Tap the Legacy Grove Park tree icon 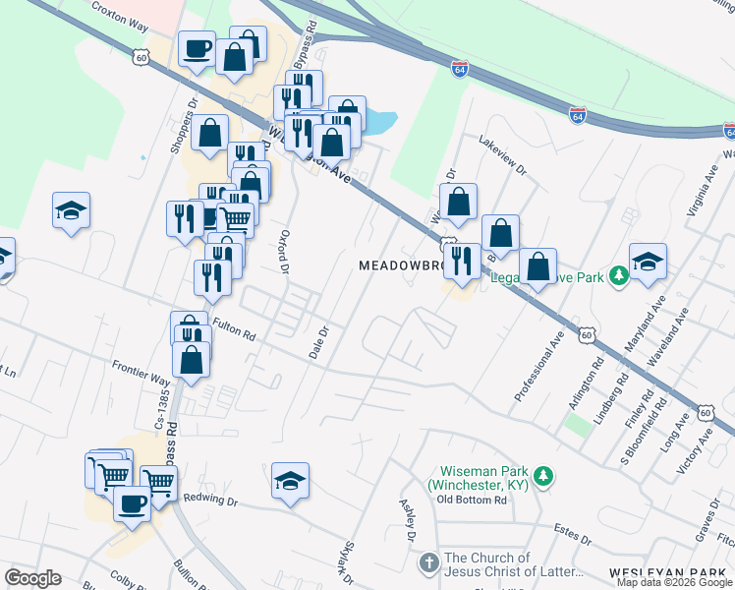[619, 277]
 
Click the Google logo [32, 578]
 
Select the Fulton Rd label [234, 332]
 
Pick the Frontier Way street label [141, 376]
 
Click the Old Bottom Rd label [472, 500]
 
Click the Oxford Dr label [284, 252]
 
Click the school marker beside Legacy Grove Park [648, 261]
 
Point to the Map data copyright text [675, 582]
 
